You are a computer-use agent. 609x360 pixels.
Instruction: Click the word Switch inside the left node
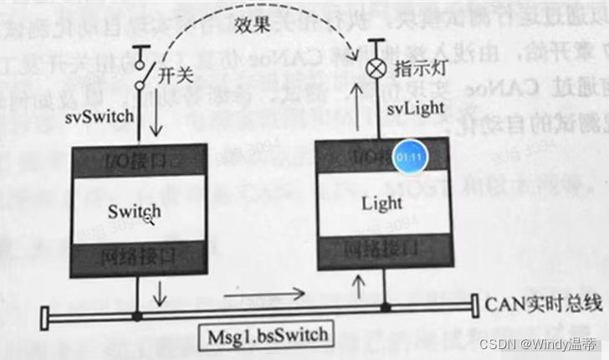tap(133, 212)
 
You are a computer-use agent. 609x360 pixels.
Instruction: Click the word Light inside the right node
tap(381, 203)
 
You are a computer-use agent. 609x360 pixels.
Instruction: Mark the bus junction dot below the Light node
tap(386, 308)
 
